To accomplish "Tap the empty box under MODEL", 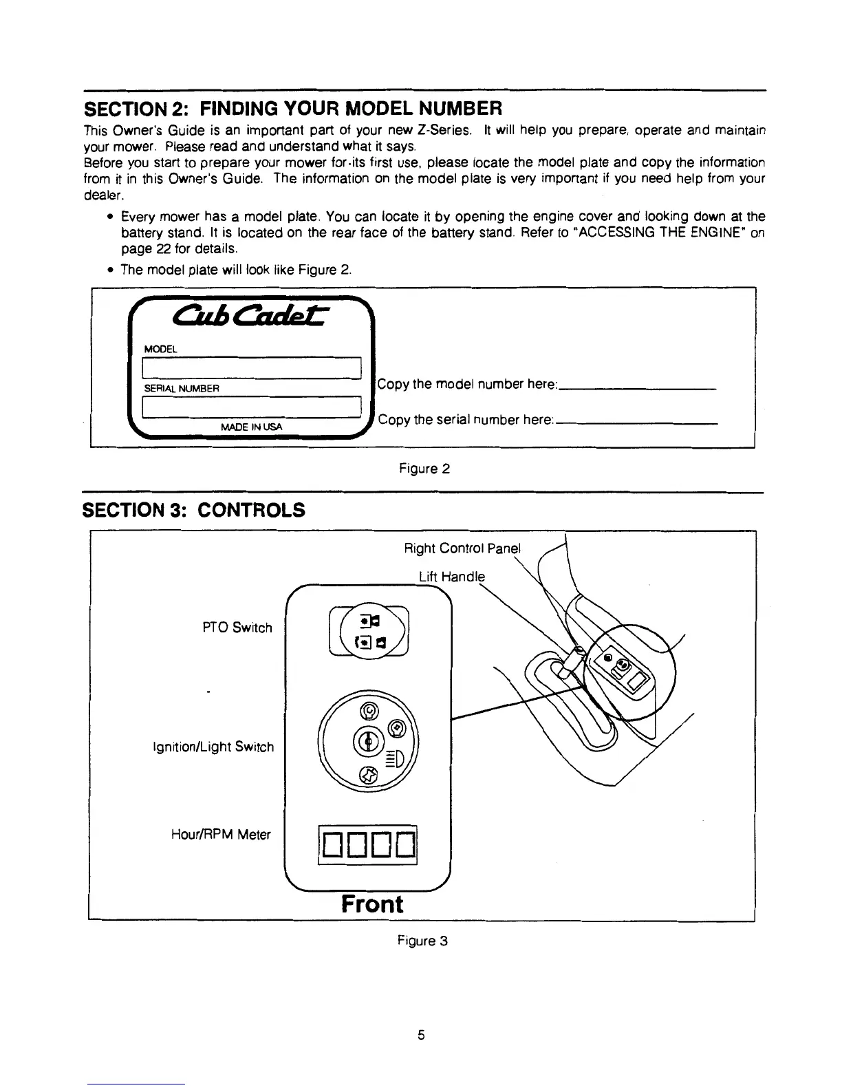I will click(251, 368).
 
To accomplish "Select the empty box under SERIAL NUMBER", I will click(251, 407).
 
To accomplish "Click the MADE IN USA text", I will click(251, 427).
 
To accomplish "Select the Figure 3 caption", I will click(423, 940).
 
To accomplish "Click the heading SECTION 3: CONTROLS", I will click(193, 510).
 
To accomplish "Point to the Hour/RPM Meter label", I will click(221, 835).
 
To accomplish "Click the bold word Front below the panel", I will click(372, 904).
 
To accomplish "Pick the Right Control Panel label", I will click(462, 548).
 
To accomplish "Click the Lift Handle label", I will click(452, 577).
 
